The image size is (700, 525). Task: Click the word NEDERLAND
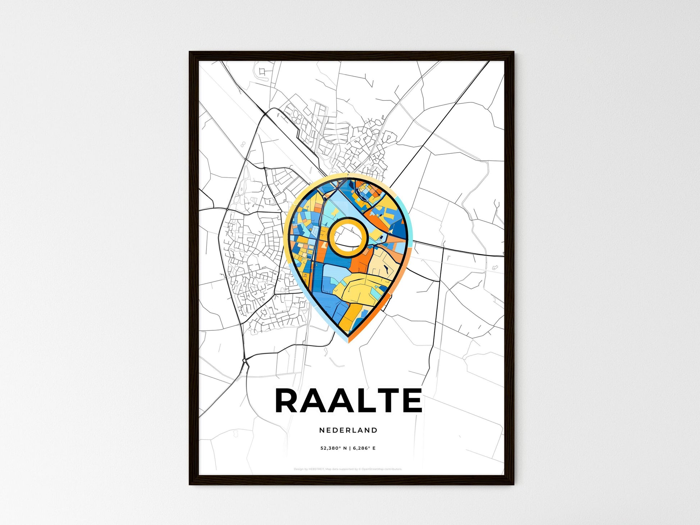348,430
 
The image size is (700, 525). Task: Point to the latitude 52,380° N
333,448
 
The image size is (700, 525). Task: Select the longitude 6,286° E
364,448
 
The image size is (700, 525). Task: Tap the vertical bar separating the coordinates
350,448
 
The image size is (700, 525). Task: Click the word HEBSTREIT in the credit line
316,469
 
